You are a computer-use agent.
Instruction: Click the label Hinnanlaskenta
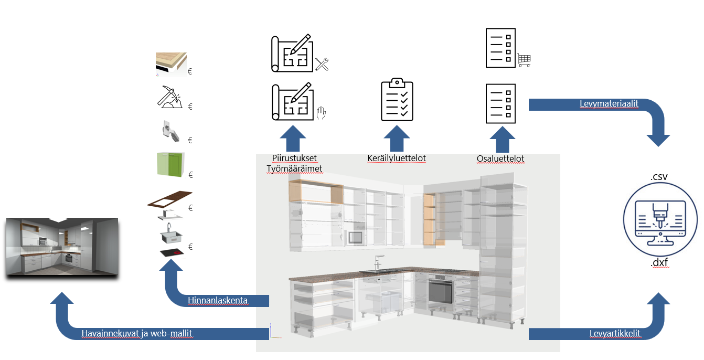click(x=218, y=301)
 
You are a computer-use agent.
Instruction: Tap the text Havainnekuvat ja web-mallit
click(x=137, y=334)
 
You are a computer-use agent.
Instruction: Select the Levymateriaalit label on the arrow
click(x=609, y=104)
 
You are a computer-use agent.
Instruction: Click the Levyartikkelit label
click(x=615, y=334)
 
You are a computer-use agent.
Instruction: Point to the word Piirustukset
click(x=294, y=158)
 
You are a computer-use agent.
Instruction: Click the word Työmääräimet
click(x=294, y=168)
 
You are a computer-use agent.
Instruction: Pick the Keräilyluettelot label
click(x=396, y=158)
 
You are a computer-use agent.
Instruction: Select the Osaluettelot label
click(x=500, y=158)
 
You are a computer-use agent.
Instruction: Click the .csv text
click(x=659, y=177)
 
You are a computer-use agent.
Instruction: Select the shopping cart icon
click(x=524, y=59)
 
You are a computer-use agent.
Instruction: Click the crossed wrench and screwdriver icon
click(x=322, y=65)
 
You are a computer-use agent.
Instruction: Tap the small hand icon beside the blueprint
click(x=322, y=112)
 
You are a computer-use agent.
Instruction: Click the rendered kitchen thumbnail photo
click(x=62, y=247)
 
